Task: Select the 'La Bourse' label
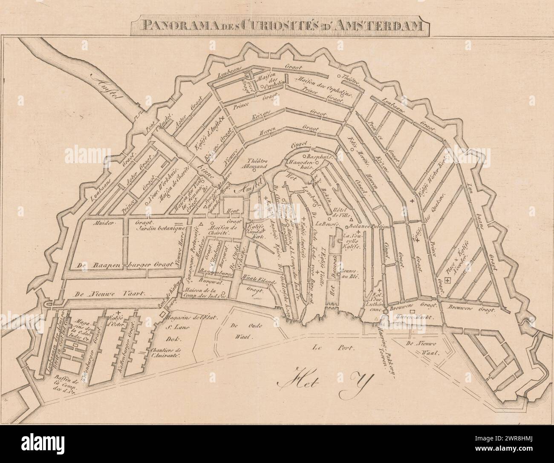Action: [327, 224]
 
